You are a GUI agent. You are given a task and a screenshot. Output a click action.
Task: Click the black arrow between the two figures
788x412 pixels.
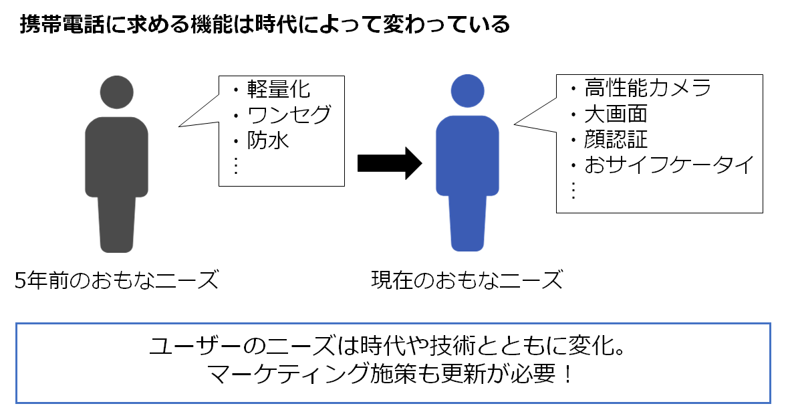point(390,163)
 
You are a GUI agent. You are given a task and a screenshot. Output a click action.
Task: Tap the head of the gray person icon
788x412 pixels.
point(116,92)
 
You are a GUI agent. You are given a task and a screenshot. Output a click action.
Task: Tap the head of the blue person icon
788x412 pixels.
point(467,91)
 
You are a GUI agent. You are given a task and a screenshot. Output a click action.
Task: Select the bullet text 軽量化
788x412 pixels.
point(279,90)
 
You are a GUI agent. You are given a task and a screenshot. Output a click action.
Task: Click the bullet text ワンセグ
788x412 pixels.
point(289,114)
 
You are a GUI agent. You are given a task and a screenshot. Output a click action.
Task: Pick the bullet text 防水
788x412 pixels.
point(268,140)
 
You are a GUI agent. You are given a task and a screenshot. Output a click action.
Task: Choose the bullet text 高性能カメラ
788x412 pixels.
point(648,88)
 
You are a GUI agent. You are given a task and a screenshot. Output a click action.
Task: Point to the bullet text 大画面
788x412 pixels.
point(616,114)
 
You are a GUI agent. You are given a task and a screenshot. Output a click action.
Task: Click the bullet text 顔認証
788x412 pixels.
point(616,139)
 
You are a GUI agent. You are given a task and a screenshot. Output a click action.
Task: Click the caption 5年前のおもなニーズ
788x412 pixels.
point(116,280)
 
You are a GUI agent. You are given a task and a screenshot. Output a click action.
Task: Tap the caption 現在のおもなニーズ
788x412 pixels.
point(467,280)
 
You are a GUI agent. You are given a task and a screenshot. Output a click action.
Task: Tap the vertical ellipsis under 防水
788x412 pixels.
point(236,165)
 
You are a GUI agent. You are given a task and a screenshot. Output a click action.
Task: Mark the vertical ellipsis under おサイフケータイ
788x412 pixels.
point(573,190)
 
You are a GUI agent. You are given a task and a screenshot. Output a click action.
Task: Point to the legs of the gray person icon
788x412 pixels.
point(116,224)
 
